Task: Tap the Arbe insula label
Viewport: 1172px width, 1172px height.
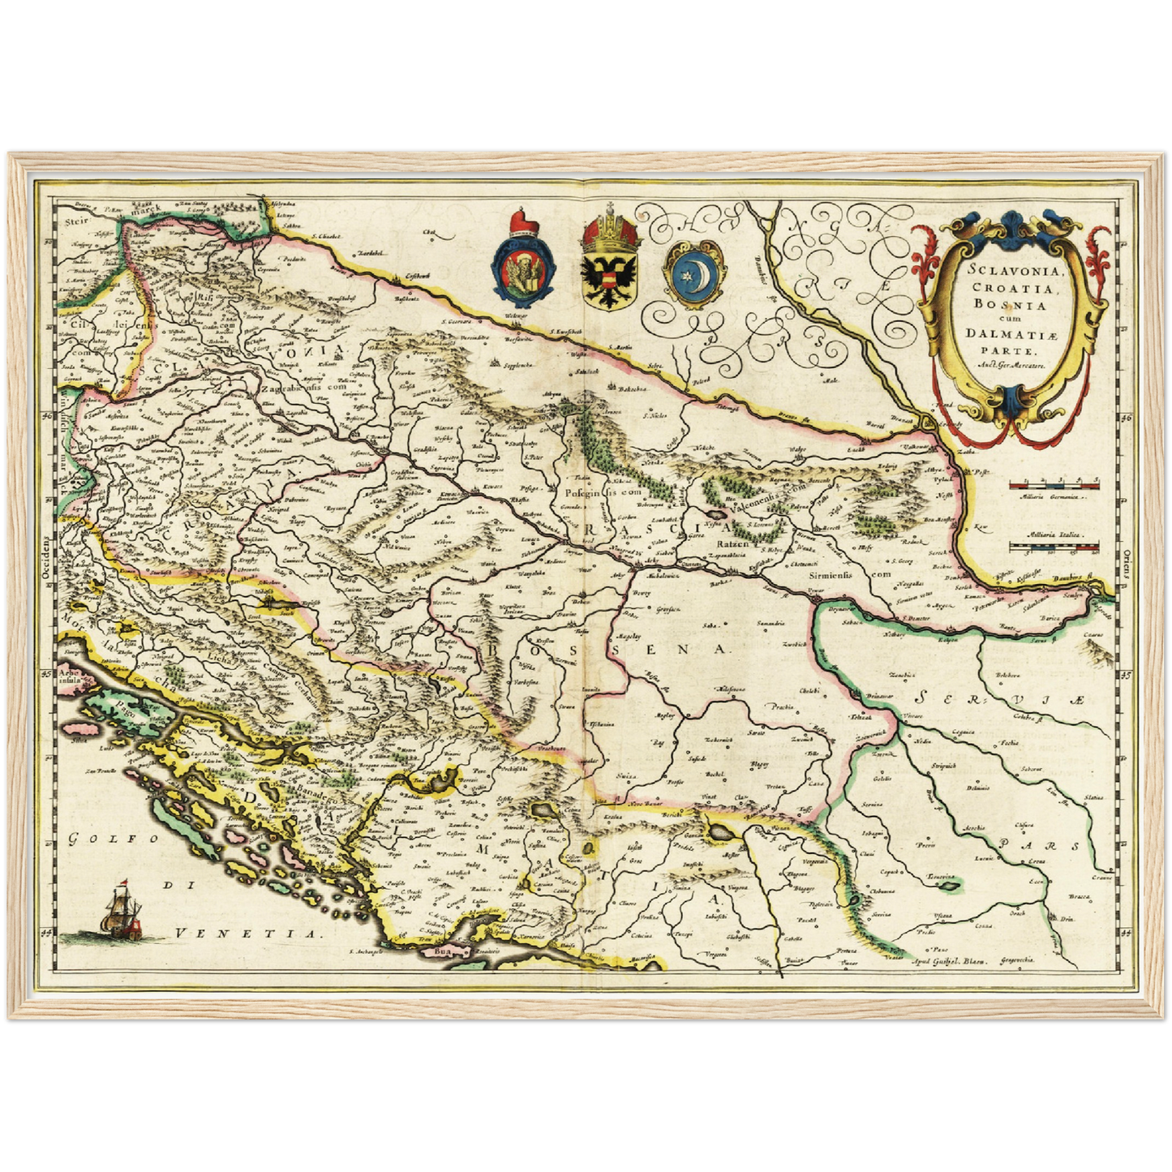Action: click(70, 676)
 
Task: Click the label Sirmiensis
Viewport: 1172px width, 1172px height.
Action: click(829, 573)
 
